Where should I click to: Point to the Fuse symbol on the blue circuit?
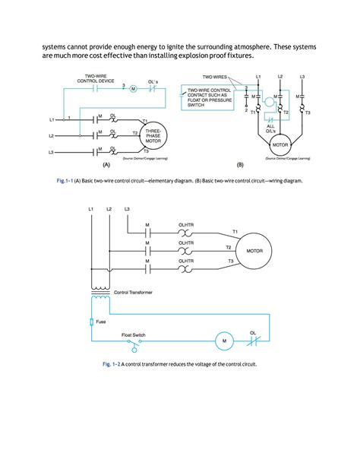[x=93, y=322]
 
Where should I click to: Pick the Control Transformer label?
[x=135, y=292]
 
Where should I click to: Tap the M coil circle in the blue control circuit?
[x=225, y=342]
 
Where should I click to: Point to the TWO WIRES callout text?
[x=216, y=77]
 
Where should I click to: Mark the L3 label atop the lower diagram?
[x=126, y=208]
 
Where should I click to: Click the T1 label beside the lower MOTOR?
[x=234, y=231]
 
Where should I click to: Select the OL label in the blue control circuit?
[x=252, y=332]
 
